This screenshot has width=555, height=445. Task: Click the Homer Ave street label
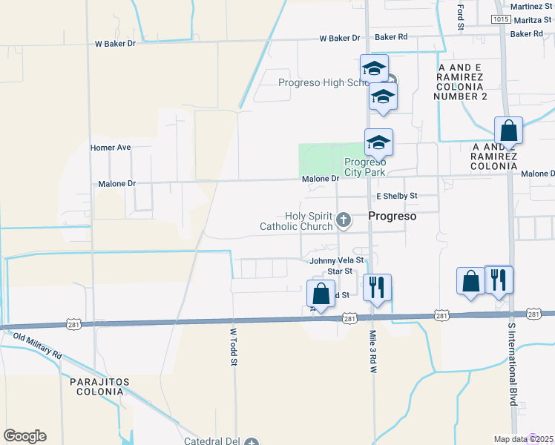[x=110, y=148]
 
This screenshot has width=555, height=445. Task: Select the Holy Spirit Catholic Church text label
[x=295, y=220]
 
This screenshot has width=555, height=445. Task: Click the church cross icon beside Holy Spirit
[x=343, y=220]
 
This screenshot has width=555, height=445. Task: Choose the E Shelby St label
[x=397, y=196]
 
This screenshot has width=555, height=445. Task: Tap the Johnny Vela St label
[x=336, y=260]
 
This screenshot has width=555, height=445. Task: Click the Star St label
[x=340, y=271]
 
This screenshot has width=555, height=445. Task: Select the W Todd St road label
[x=233, y=347]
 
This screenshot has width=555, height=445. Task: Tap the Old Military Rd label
[x=38, y=346]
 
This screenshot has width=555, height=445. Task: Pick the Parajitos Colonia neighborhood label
[x=99, y=386]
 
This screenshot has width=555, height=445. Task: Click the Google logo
[x=24, y=436]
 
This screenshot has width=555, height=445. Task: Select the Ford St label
[x=460, y=13]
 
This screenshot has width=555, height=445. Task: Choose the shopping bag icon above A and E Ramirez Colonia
[x=508, y=131]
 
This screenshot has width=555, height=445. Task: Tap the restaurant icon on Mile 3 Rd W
[x=377, y=286]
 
